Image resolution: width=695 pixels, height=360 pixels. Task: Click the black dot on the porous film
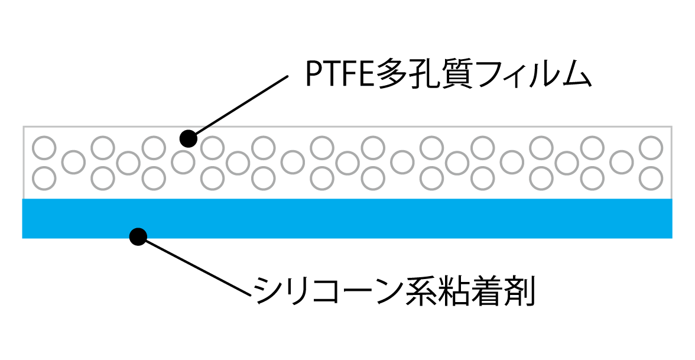(x=188, y=138)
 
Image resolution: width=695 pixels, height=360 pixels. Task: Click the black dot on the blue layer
(x=138, y=236)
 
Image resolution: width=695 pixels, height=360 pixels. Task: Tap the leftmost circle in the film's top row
(x=44, y=148)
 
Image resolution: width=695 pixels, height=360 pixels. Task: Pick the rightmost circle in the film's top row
(x=652, y=148)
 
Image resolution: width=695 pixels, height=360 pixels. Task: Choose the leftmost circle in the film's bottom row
(x=44, y=177)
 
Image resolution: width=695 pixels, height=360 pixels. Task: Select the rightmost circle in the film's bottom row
(x=652, y=177)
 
